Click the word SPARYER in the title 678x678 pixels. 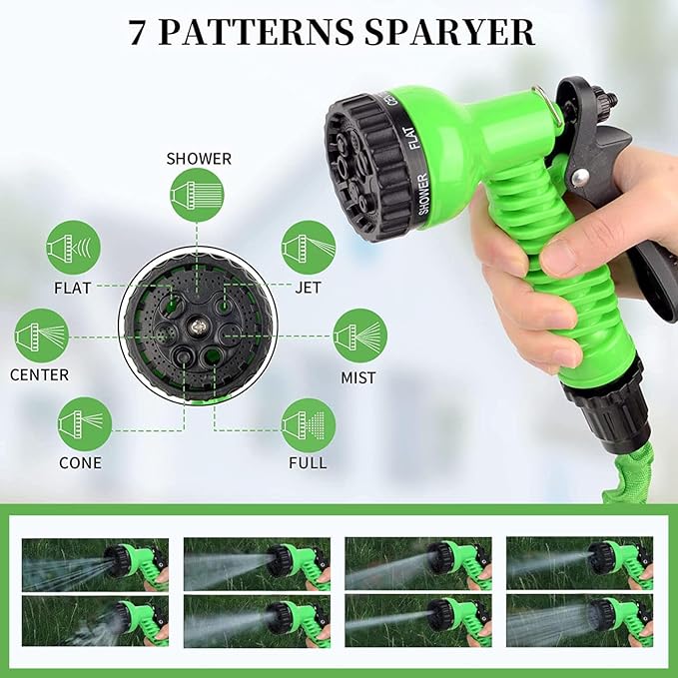[x=449, y=32]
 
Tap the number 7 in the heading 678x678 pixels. [x=136, y=32]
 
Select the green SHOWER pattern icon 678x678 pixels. [x=197, y=195]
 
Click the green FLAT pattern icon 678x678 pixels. [x=74, y=248]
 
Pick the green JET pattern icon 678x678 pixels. [x=309, y=248]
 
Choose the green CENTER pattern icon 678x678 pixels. [x=42, y=336]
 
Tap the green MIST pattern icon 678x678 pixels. [x=360, y=336]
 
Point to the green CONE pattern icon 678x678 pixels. [x=85, y=424]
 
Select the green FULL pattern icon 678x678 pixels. [x=309, y=425]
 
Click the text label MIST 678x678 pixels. [x=358, y=377]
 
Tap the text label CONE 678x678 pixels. [x=80, y=463]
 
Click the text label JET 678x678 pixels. [x=308, y=288]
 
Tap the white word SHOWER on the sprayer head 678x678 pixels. [x=423, y=194]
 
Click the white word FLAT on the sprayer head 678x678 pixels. [x=412, y=138]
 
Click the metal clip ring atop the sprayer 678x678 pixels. [x=549, y=106]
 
